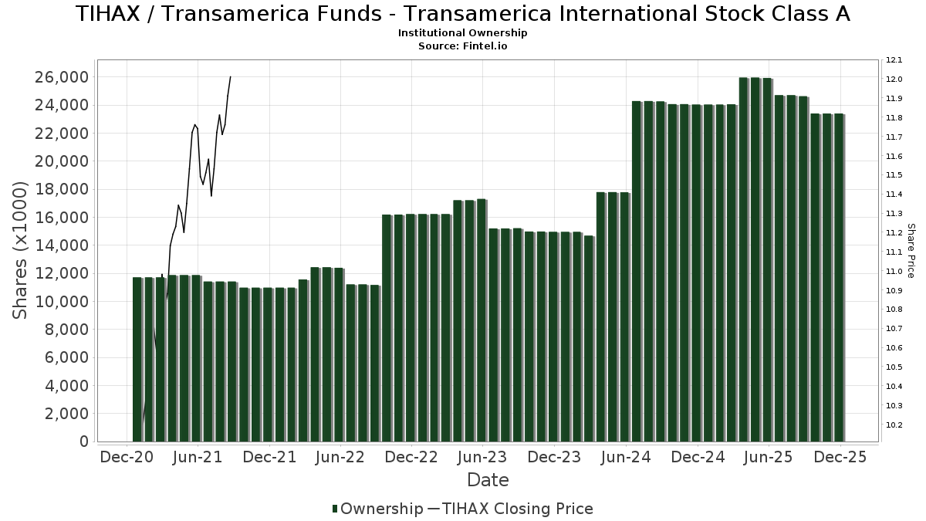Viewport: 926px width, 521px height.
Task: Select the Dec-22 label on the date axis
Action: [411, 457]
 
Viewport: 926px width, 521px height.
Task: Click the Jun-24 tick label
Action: [626, 457]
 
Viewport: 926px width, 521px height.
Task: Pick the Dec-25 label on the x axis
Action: [841, 457]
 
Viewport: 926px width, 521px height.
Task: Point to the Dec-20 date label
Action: [127, 457]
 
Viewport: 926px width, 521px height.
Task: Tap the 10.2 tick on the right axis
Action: [894, 425]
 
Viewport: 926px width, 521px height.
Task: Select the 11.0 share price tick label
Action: [894, 271]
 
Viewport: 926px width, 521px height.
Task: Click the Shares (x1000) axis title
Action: [21, 250]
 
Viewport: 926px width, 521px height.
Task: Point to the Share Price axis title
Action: [911, 250]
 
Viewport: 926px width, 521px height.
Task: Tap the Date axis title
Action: [488, 480]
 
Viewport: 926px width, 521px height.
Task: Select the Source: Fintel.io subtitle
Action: [463, 46]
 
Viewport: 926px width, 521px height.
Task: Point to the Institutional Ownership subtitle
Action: [463, 33]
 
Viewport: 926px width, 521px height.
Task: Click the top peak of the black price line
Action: [230, 77]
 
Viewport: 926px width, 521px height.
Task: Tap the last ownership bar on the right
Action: [839, 278]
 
